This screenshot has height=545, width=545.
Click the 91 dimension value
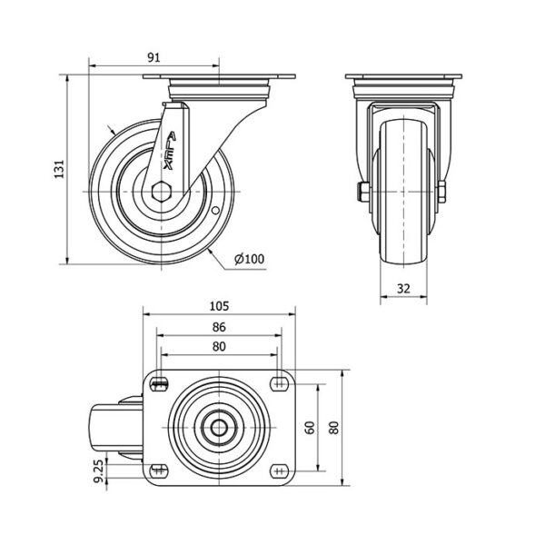154,57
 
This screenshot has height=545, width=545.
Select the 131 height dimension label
59,169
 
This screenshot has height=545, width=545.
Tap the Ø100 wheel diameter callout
249,259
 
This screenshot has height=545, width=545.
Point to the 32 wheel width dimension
403,288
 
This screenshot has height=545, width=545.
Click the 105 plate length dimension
219,306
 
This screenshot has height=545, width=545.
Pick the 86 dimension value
219,327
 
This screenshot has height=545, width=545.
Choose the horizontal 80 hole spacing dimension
219,347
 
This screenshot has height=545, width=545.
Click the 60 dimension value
310,428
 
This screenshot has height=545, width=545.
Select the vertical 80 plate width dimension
333,428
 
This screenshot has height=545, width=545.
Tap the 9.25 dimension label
99,471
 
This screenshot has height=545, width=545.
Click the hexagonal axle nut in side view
162,191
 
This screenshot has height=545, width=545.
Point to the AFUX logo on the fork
170,150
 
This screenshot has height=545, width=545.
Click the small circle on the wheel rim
215,211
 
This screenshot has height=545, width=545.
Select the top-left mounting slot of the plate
160,384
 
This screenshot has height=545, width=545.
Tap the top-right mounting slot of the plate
280,384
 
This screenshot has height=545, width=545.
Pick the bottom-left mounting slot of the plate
160,471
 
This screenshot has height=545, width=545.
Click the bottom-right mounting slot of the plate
280,471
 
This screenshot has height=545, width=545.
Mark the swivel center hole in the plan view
219,428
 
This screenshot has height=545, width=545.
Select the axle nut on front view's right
441,192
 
